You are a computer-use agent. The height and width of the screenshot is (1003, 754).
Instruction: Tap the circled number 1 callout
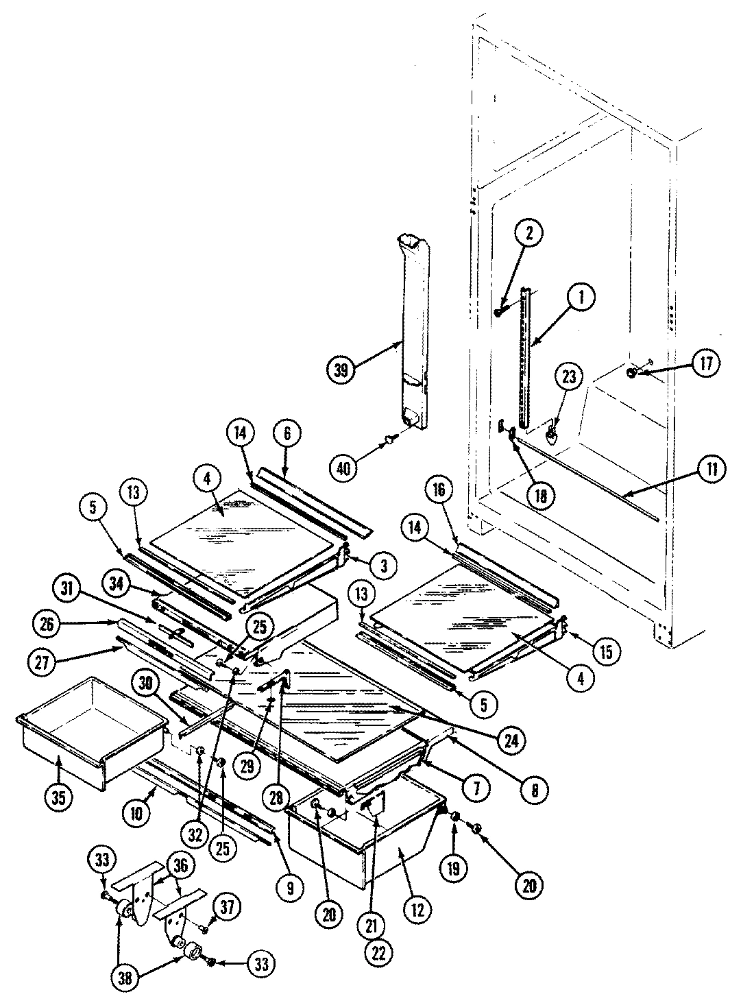[x=581, y=298]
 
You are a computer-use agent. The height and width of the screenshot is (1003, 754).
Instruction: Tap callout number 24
[x=513, y=739]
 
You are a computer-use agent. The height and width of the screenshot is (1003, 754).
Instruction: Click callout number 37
[x=227, y=908]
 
